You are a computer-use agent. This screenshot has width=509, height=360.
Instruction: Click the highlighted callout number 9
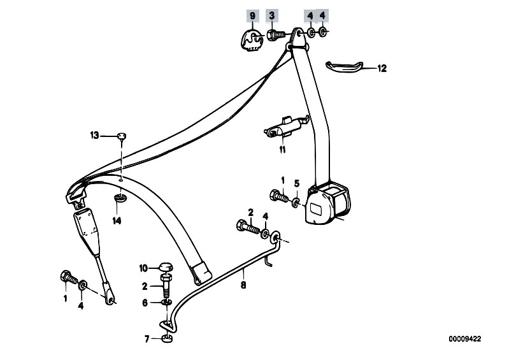pyautogui.click(x=252, y=15)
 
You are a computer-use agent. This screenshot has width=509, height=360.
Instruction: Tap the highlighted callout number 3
pyautogui.click(x=272, y=15)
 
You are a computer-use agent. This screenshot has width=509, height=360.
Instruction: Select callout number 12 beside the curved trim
pyautogui.click(x=382, y=68)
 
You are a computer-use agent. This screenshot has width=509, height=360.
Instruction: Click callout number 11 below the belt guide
pyautogui.click(x=282, y=150)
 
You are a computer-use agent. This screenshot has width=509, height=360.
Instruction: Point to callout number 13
pyautogui.click(x=94, y=135)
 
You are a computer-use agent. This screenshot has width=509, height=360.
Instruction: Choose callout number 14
pyautogui.click(x=117, y=220)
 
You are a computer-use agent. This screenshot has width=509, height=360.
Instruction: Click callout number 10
pyautogui.click(x=143, y=268)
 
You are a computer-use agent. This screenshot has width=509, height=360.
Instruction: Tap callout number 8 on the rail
pyautogui.click(x=243, y=285)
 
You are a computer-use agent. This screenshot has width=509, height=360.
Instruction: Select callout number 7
pyautogui.click(x=147, y=339)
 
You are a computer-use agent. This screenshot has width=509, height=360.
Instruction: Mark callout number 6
pyautogui.click(x=145, y=303)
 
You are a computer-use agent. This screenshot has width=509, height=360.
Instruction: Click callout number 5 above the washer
pyautogui.click(x=297, y=184)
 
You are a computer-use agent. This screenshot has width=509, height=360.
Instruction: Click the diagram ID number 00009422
pyautogui.click(x=465, y=339)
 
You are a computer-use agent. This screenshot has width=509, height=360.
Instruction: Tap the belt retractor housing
pyautogui.click(x=328, y=203)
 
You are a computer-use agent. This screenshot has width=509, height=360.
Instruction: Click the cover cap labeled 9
pyautogui.click(x=252, y=40)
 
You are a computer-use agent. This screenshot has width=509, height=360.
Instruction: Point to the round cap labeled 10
pyautogui.click(x=166, y=268)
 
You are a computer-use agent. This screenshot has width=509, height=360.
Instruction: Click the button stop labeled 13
pyautogui.click(x=122, y=136)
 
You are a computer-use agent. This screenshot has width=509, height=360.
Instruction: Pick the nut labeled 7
pyautogui.click(x=167, y=339)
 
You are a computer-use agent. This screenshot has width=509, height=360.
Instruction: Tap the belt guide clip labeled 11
pyautogui.click(x=285, y=127)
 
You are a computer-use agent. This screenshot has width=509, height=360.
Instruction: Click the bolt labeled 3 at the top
pyautogui.click(x=276, y=34)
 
